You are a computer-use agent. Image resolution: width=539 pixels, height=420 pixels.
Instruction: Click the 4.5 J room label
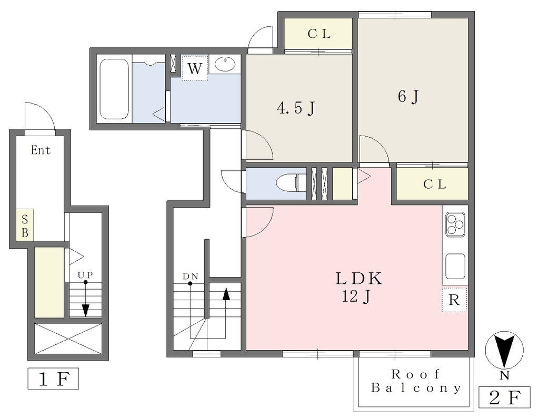(x=296, y=108)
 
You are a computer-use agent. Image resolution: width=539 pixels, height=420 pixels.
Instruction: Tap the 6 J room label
(x=408, y=96)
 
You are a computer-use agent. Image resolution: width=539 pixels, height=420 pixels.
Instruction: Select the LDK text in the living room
(x=358, y=278)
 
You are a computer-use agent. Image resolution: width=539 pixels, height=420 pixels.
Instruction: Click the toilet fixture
(x=291, y=182)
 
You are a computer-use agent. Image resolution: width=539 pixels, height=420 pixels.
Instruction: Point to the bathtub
(x=114, y=89)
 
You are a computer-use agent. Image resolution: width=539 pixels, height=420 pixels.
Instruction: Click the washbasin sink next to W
(x=225, y=64)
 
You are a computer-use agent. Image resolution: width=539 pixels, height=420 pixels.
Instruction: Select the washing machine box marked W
(x=195, y=68)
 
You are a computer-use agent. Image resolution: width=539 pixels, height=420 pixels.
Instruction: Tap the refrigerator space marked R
(x=454, y=300)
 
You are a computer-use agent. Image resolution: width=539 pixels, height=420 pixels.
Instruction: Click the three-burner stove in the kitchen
(x=455, y=224)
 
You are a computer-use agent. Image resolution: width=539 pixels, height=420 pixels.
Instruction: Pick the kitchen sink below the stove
(x=455, y=267)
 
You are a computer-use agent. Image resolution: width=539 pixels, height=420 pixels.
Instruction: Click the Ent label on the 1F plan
(x=41, y=150)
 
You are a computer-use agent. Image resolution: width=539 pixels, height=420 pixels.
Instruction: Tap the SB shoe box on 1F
(x=25, y=225)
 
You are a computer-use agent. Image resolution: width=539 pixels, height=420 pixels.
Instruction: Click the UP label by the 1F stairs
(x=85, y=275)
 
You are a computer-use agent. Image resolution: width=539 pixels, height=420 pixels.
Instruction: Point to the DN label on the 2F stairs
(x=190, y=276)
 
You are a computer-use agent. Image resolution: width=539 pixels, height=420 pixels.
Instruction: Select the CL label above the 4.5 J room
(x=319, y=34)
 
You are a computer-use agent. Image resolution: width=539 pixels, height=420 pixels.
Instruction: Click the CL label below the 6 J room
(x=434, y=184)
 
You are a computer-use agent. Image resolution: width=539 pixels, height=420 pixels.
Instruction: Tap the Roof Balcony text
(x=416, y=381)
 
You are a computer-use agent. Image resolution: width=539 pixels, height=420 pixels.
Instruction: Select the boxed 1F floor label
(x=53, y=379)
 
